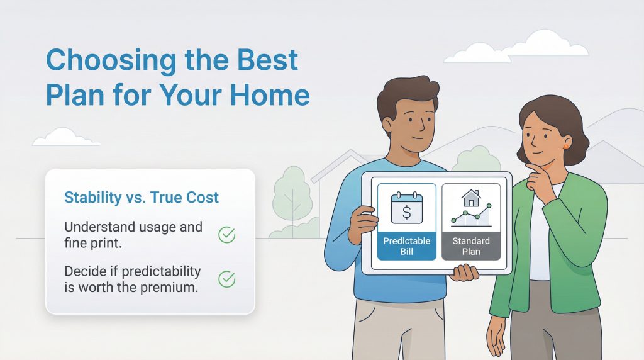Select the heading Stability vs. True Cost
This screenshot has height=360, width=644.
[142, 198]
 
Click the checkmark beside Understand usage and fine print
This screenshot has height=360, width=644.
[226, 235]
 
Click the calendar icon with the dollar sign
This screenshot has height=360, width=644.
[406, 208]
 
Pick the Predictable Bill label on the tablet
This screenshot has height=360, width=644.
[406, 246]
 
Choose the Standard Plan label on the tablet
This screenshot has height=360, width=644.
[471, 246]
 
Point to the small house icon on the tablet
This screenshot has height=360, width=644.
[470, 199]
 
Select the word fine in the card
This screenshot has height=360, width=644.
[77, 242]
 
